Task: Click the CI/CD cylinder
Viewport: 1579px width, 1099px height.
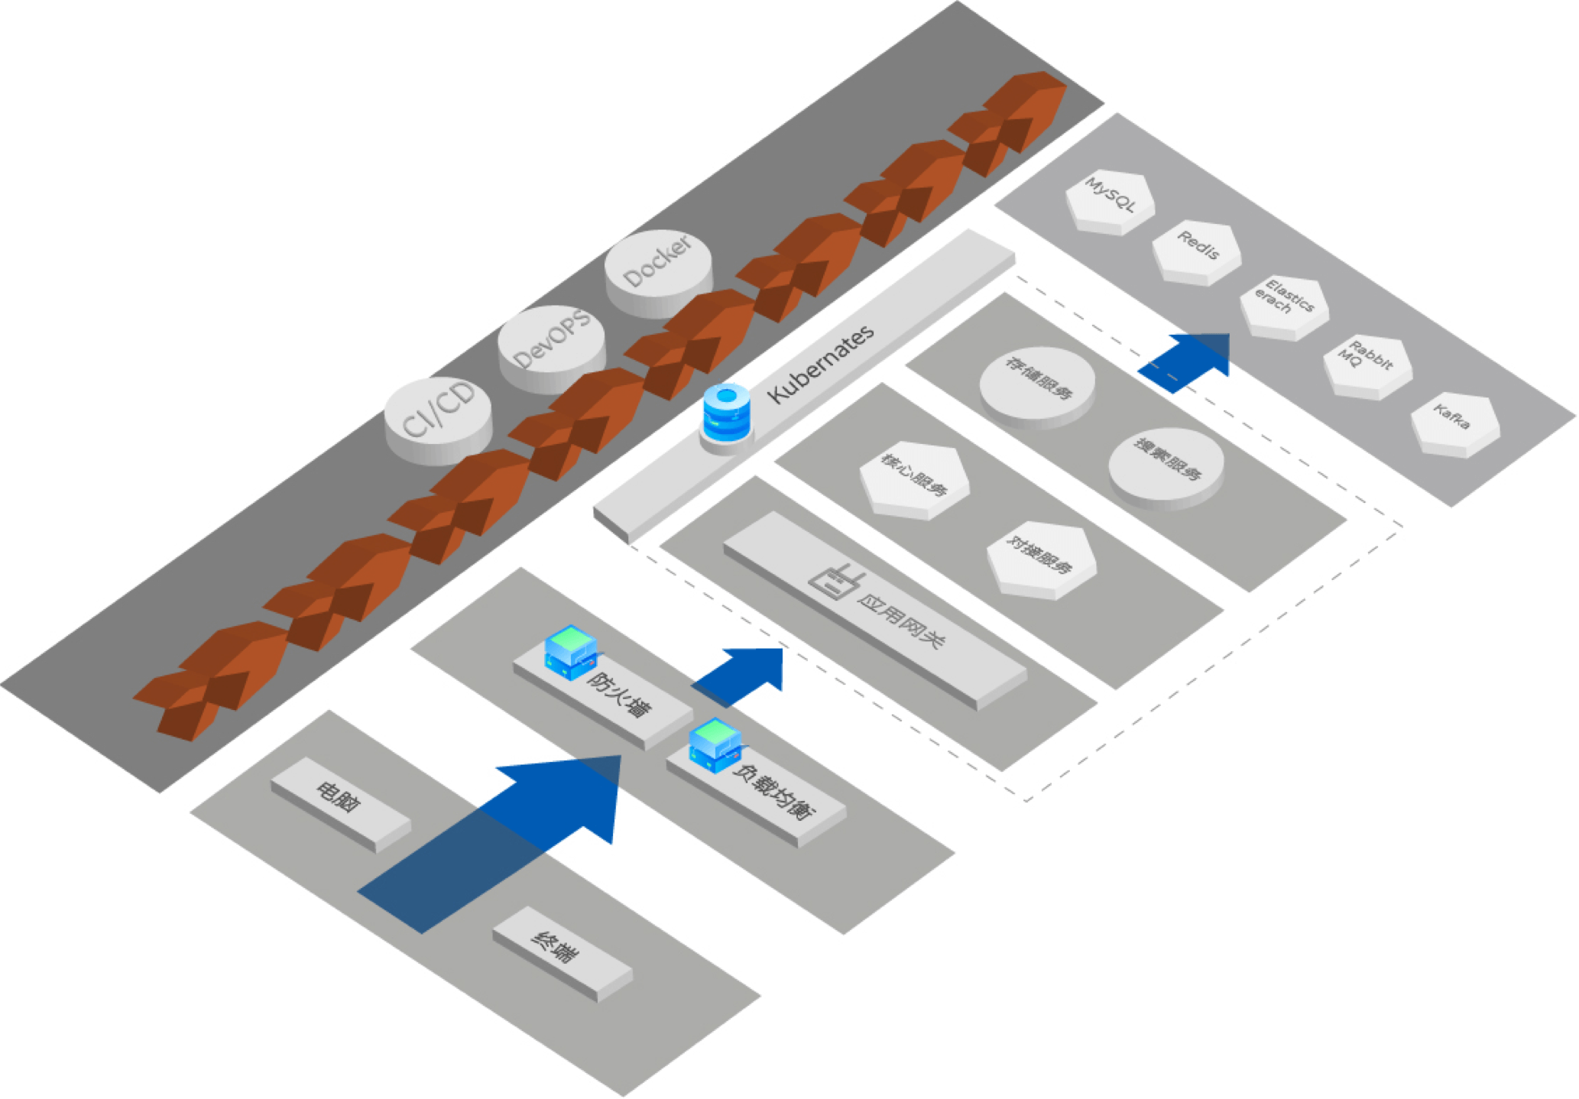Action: tap(438, 417)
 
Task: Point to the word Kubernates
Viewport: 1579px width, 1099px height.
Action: tap(821, 365)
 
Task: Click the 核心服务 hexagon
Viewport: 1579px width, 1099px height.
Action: tap(914, 478)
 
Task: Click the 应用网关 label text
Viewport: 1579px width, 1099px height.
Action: tap(901, 619)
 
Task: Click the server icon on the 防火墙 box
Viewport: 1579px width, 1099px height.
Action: tap(570, 651)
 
